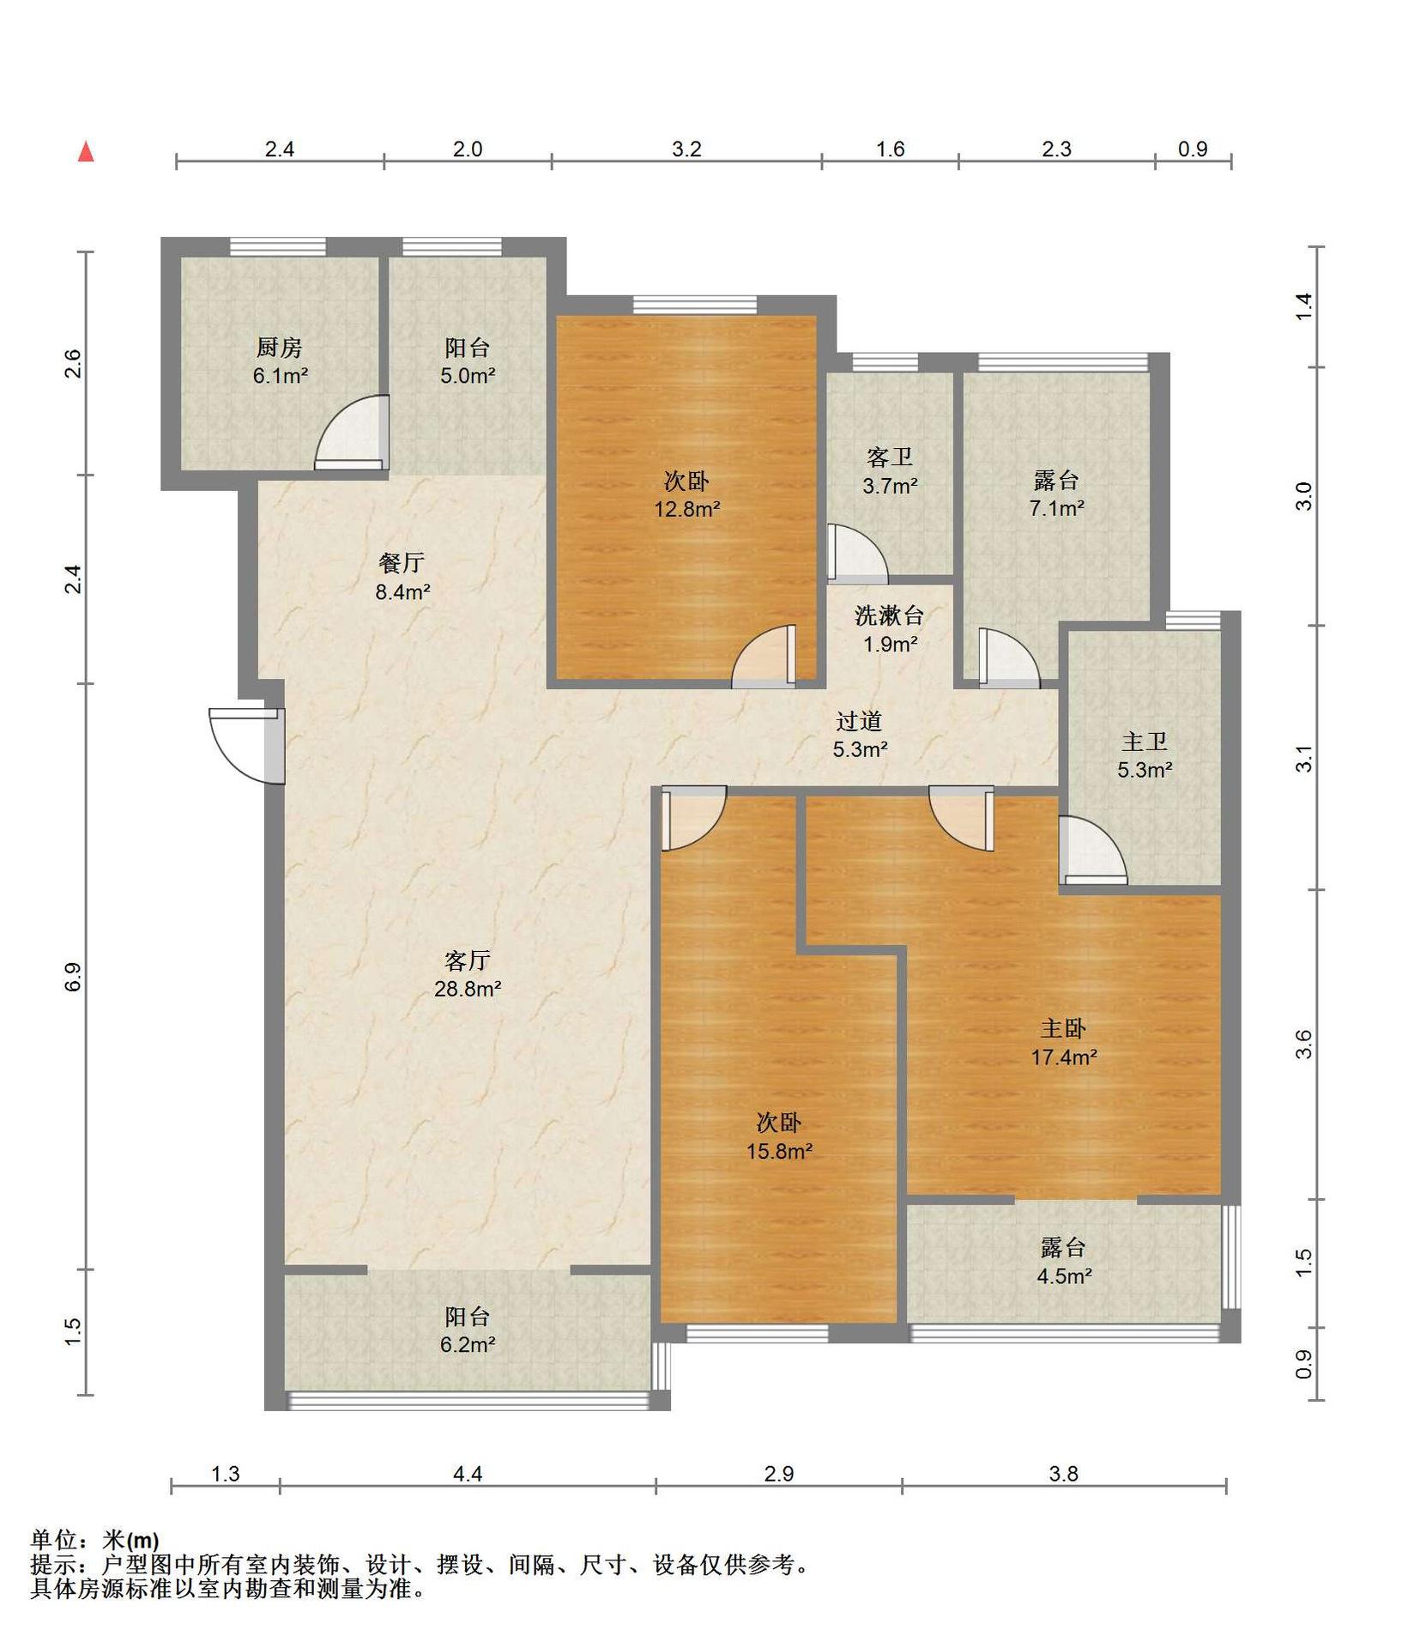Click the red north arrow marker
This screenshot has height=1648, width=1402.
(x=86, y=152)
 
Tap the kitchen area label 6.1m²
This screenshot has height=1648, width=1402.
(x=281, y=375)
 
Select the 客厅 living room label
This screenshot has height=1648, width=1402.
(x=468, y=960)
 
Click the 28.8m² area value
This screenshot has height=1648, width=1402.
(x=468, y=988)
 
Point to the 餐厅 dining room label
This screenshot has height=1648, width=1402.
(x=402, y=563)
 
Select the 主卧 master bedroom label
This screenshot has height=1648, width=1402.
(x=1064, y=1028)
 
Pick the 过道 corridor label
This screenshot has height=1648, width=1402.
(x=860, y=721)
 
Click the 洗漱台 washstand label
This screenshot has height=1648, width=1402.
(x=890, y=615)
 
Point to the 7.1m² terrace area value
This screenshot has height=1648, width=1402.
(x=1057, y=507)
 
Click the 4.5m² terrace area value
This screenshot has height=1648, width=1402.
(x=1064, y=1275)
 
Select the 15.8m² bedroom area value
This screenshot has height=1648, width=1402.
(x=779, y=1151)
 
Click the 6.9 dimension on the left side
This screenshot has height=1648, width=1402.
(x=73, y=977)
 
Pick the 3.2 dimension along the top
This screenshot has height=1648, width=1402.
(x=686, y=149)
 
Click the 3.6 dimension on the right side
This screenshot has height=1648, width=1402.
(x=1303, y=1044)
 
